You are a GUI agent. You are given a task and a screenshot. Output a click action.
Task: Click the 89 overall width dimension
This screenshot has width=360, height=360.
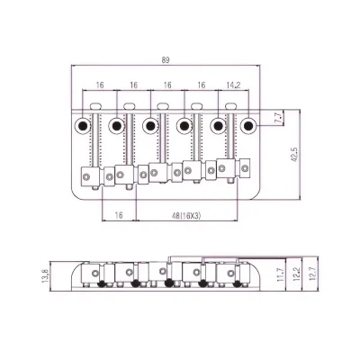point(166,60)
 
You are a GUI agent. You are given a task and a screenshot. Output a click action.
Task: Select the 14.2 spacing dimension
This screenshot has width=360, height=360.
point(233,85)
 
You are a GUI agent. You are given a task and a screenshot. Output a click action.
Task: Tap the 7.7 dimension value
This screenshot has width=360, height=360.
point(278,118)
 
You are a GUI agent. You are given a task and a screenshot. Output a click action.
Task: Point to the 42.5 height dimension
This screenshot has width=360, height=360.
point(294,154)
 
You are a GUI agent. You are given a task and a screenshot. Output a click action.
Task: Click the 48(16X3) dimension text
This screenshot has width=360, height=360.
point(186,215)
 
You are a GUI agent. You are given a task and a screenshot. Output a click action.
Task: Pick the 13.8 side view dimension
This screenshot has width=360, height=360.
point(45,275)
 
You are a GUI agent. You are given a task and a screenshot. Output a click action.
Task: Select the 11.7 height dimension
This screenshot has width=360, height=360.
point(280,274)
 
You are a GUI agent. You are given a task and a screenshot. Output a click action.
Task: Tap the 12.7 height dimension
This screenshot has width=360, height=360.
point(311,274)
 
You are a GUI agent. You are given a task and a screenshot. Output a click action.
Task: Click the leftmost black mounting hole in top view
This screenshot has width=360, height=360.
point(82,126)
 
